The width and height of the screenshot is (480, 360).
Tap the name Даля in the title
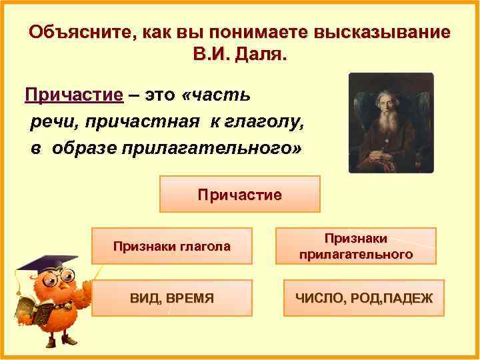[263, 55]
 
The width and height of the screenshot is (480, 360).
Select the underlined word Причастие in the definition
[74, 95]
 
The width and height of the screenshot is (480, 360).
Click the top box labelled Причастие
[240, 195]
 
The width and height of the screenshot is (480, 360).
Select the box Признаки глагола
[172, 247]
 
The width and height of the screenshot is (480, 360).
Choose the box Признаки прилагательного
[355, 247]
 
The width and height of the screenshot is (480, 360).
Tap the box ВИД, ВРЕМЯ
[172, 298]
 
